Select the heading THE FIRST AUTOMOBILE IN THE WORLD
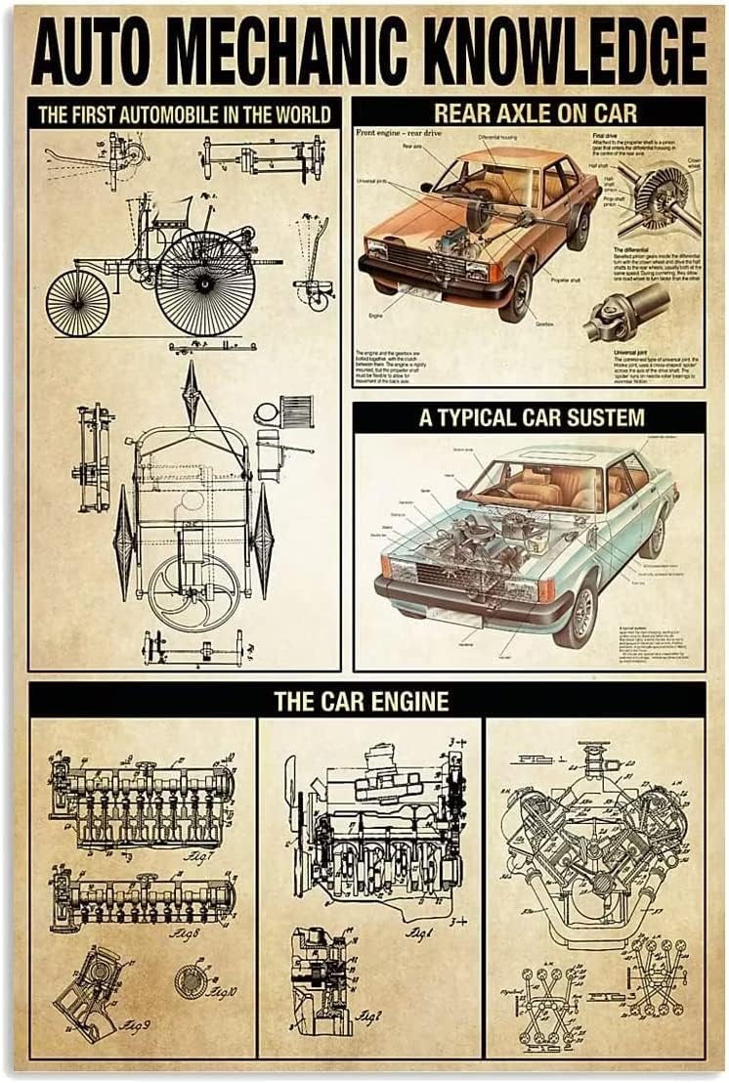[x=186, y=112]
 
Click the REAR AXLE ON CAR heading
[x=528, y=112]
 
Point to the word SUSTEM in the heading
[x=599, y=418]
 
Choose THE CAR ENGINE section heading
[x=362, y=700]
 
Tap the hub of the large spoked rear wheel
[x=206, y=282]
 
